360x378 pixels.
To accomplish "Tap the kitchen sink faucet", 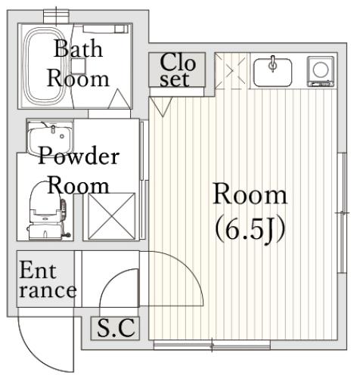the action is click(x=272, y=64).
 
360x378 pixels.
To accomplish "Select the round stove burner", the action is click(x=321, y=70).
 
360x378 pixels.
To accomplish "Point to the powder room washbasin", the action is click(x=51, y=138).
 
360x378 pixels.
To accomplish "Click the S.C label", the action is click(x=116, y=328).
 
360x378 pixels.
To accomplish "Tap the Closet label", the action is click(x=178, y=70).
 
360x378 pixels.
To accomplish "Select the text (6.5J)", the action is click(x=250, y=230).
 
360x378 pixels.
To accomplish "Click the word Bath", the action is click(x=78, y=48).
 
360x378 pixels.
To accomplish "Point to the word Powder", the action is click(x=78, y=156).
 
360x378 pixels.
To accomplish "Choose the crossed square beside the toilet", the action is click(x=112, y=215).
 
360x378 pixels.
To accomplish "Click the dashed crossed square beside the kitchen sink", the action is click(x=230, y=70).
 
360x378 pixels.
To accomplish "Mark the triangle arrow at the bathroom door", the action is click(x=119, y=99).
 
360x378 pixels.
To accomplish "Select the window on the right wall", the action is click(x=342, y=213).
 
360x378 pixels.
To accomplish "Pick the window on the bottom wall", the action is click(x=212, y=345).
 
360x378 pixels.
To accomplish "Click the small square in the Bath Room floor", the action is click(x=78, y=66).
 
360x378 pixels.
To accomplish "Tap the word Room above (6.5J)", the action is click(x=250, y=195).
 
